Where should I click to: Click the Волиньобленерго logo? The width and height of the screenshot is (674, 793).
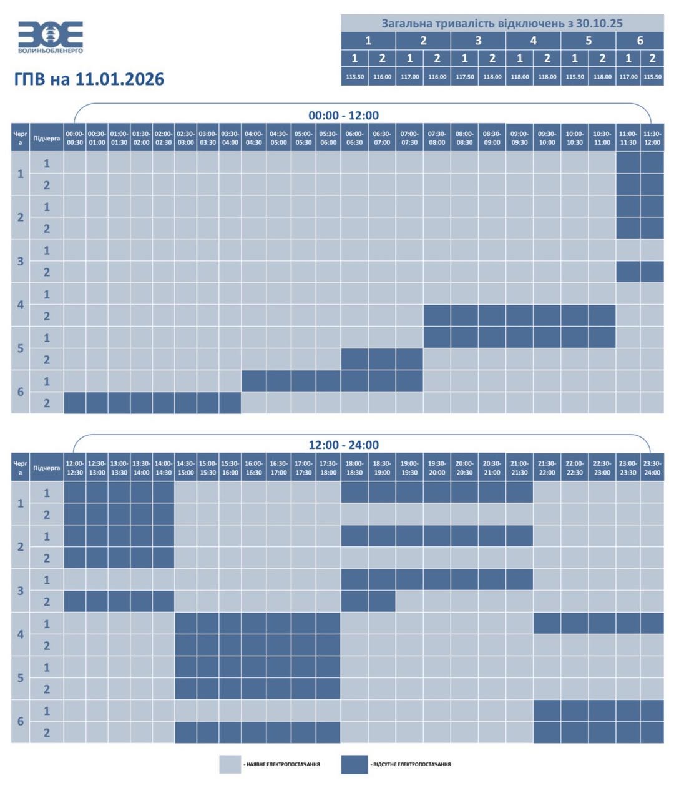(51, 37)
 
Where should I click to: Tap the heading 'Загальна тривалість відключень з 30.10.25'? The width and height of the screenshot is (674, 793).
(502, 23)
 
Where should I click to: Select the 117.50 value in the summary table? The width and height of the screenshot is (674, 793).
(464, 77)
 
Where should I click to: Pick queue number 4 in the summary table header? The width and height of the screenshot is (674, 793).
(533, 41)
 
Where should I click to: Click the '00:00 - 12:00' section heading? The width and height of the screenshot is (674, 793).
(343, 116)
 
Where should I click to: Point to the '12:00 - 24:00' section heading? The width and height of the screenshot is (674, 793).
(343, 445)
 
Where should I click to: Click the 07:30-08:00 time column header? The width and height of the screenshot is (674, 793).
(437, 138)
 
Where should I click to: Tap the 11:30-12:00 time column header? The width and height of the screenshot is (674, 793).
(652, 138)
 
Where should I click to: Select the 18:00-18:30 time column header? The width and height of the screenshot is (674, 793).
(354, 468)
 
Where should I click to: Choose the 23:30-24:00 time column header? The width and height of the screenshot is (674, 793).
(652, 468)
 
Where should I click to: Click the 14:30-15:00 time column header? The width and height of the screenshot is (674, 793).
(185, 468)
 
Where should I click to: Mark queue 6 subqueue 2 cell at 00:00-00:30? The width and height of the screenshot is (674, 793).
(75, 403)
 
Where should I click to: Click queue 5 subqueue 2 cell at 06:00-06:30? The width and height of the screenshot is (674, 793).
(354, 359)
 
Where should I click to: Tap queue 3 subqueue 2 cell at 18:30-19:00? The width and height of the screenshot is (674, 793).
(382, 601)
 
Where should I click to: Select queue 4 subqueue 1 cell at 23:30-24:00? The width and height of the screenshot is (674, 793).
(652, 623)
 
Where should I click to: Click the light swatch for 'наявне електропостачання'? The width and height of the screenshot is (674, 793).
(230, 764)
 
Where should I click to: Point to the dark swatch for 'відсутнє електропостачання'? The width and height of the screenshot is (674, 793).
(354, 764)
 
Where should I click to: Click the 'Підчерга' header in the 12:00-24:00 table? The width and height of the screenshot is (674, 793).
(47, 468)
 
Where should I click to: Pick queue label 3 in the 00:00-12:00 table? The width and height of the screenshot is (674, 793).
(21, 261)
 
